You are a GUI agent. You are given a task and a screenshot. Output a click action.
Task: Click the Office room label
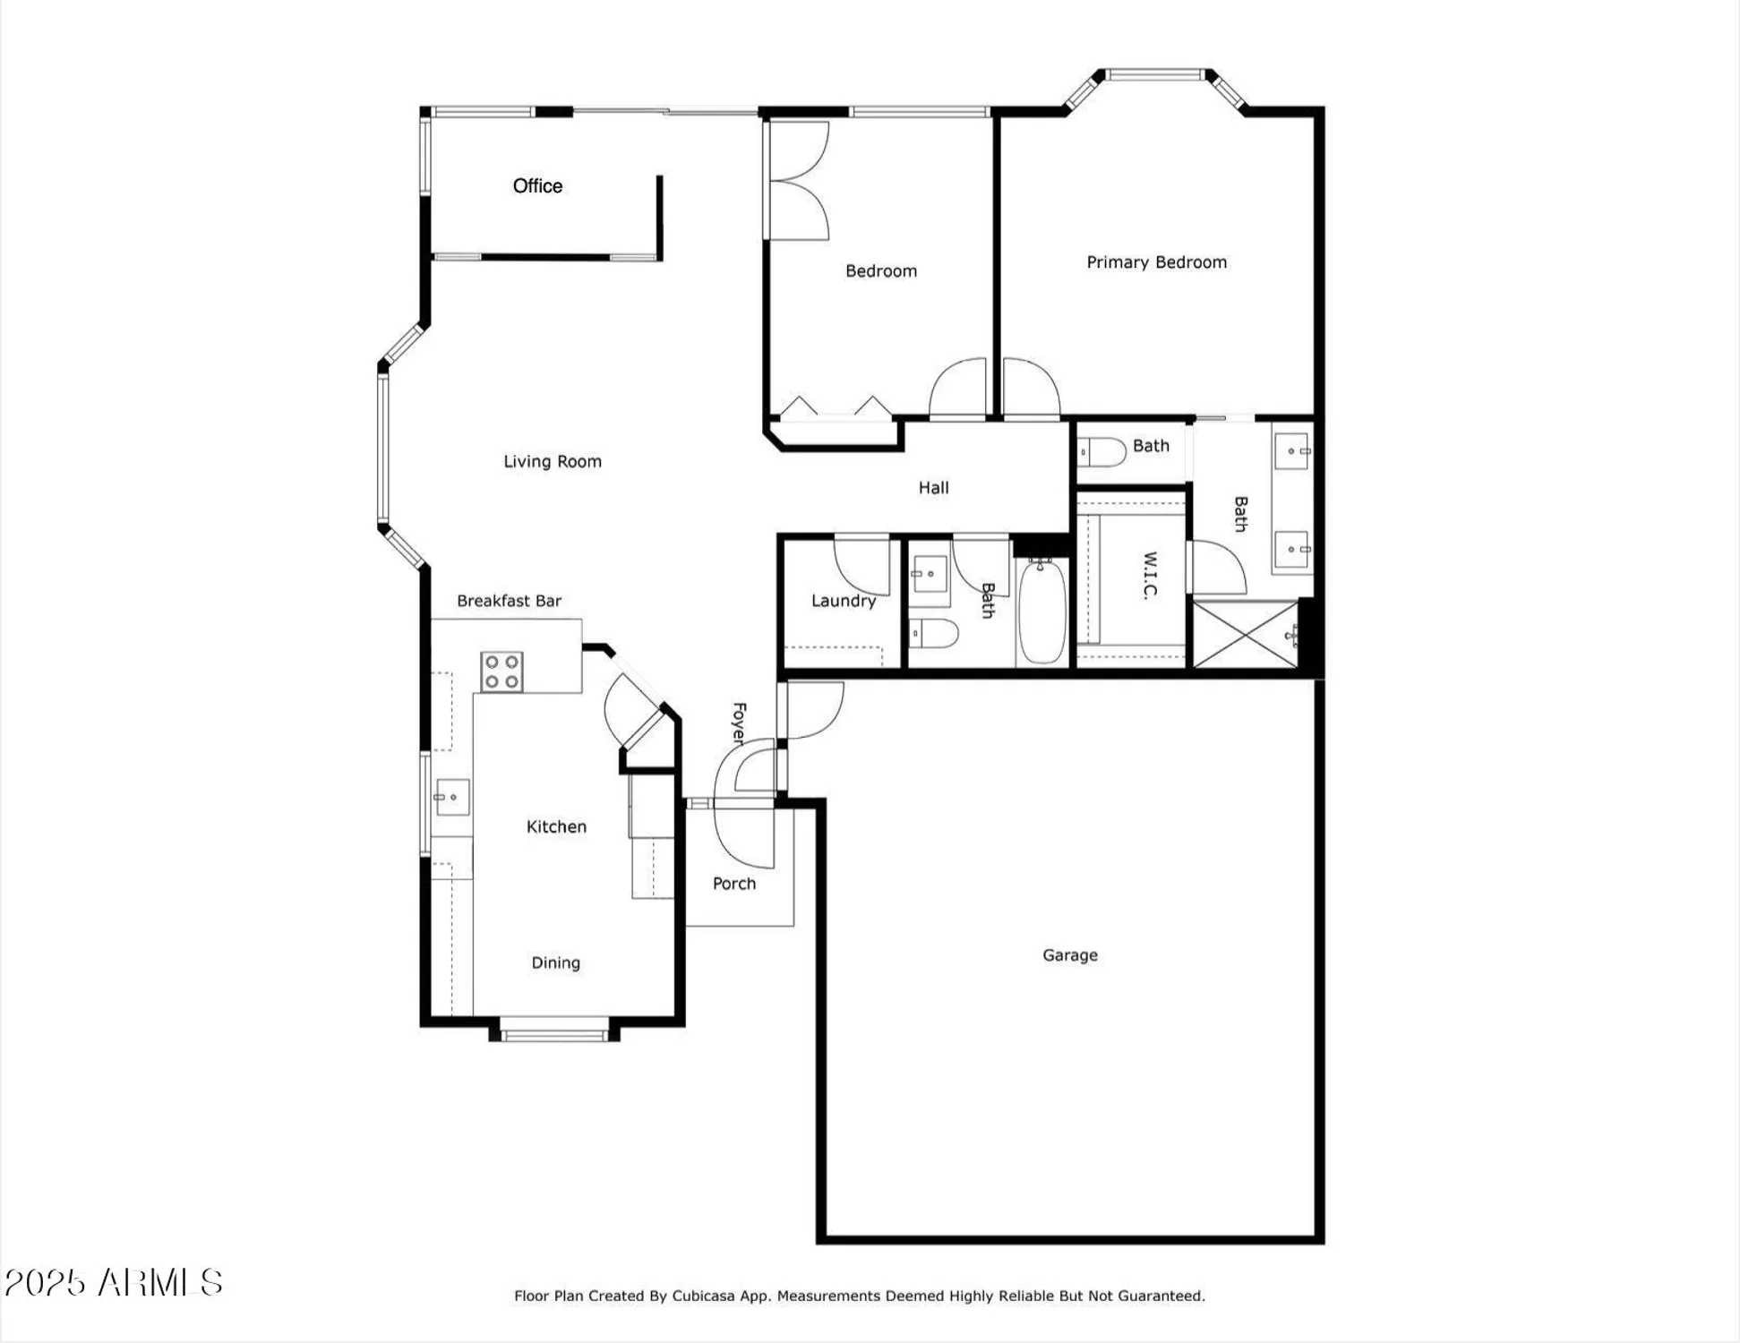537,186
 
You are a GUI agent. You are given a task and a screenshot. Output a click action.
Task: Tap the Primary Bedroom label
1156,262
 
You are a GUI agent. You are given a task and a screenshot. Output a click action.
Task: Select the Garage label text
1069,955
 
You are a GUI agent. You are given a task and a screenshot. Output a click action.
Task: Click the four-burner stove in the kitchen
501,672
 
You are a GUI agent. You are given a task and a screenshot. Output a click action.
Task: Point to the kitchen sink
452,797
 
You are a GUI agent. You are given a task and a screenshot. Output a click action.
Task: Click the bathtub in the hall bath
1042,612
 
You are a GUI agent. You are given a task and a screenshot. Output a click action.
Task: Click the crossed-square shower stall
1245,635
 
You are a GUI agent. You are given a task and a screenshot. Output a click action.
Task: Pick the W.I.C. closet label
1151,575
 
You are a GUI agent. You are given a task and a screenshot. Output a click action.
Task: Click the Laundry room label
843,601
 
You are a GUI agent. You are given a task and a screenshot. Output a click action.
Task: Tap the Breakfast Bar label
509,601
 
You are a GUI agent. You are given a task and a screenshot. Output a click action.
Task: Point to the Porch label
734,884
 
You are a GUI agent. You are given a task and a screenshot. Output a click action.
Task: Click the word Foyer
739,723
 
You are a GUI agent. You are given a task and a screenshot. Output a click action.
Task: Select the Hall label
933,488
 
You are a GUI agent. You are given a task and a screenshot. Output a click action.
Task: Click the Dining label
555,962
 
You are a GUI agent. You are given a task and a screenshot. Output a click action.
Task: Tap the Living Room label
552,462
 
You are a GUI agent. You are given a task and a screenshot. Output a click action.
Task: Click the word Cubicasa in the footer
703,1296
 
